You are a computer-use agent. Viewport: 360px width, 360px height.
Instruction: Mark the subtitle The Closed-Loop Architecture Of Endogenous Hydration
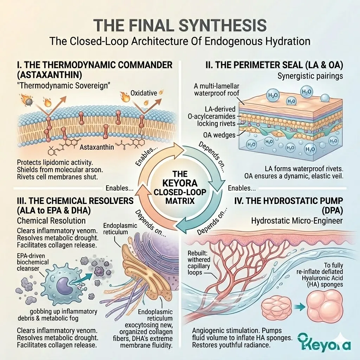coord(180,41)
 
